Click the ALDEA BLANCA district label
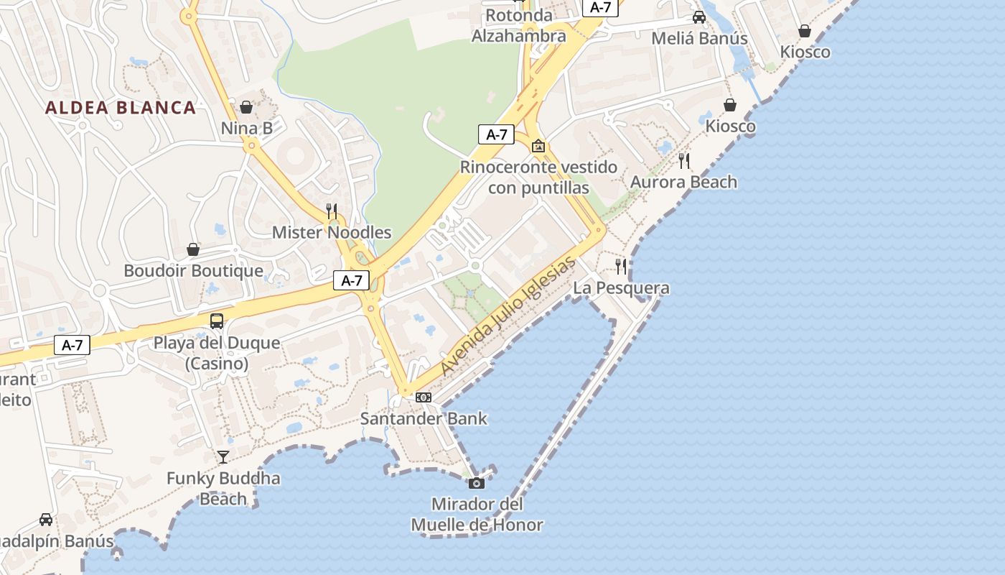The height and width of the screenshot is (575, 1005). [121, 108]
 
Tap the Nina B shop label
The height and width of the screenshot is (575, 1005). [247, 129]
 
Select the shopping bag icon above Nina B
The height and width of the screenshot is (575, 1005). [246, 107]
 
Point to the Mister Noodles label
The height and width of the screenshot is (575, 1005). [332, 232]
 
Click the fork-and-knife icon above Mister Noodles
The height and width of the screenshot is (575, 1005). [332, 211]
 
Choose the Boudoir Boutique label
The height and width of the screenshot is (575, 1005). [193, 271]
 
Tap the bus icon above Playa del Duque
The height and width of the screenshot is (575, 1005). [217, 321]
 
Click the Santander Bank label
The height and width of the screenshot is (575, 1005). [424, 418]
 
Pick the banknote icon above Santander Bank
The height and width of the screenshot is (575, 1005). [424, 397]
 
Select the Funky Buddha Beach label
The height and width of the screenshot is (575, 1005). [223, 488]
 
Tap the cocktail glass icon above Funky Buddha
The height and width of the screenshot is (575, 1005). [223, 456]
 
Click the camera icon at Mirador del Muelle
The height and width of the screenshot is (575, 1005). [477, 482]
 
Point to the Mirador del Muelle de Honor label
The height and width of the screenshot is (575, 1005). [477, 515]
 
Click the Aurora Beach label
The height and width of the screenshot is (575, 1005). [683, 182]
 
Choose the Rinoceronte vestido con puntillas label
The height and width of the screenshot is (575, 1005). [538, 178]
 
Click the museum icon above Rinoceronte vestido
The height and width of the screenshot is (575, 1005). [538, 146]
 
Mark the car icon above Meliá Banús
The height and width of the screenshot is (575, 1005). [699, 17]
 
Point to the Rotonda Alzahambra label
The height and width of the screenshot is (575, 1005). [519, 25]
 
